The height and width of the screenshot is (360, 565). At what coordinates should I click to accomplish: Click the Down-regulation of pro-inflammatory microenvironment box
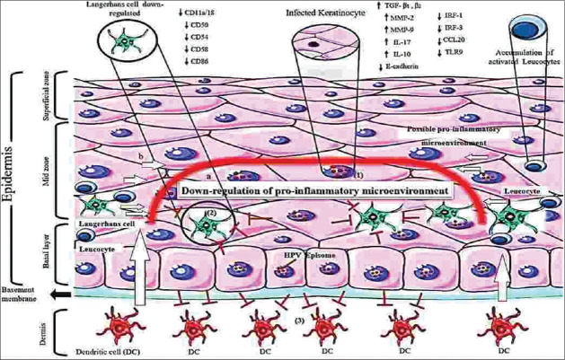pyautogui.click(x=315, y=189)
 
